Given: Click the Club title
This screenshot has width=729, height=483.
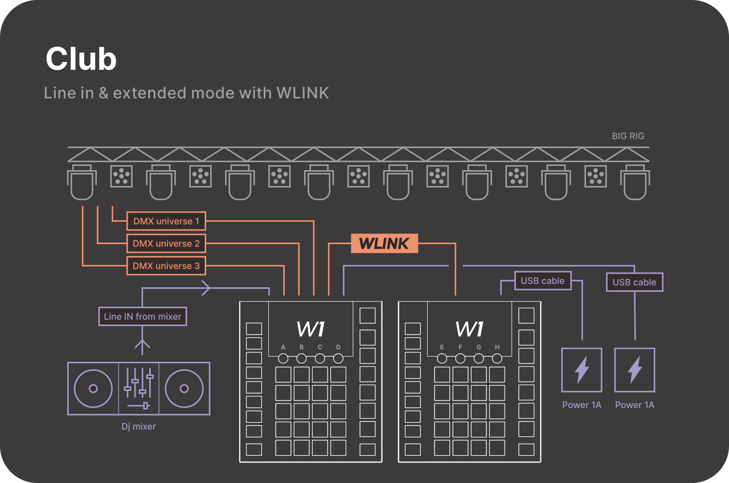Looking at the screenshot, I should [81, 59].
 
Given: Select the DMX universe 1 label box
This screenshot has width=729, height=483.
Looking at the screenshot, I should [166, 221].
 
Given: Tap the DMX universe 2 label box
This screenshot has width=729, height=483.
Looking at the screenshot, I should [166, 243].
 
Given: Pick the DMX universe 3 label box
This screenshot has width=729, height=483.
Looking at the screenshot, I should [166, 266].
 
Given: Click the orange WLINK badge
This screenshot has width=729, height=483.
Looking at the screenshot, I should [384, 243].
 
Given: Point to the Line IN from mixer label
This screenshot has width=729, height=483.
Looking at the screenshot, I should [142, 316].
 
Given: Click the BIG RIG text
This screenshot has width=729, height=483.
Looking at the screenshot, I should [628, 136].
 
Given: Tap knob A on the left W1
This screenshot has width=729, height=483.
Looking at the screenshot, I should [283, 358].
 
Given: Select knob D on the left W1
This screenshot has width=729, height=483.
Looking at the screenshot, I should [338, 358].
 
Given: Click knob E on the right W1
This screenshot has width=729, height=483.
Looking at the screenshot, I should [442, 358].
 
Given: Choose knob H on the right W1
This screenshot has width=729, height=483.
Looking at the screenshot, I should [497, 358].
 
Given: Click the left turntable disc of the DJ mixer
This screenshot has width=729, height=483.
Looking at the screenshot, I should [93, 389].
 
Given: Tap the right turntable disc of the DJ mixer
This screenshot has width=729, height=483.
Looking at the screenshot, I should [184, 389].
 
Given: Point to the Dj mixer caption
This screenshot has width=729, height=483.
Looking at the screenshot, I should [138, 426].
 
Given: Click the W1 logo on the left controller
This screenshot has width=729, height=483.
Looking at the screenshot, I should [310, 329].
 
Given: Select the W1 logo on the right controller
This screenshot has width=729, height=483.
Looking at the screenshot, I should [469, 329].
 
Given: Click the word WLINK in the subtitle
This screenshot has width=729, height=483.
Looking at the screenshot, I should [302, 93].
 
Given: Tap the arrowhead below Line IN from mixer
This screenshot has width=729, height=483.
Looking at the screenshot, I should [142, 344].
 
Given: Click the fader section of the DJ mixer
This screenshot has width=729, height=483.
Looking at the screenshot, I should [138, 389].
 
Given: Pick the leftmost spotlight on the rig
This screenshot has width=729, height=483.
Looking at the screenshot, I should [83, 182].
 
